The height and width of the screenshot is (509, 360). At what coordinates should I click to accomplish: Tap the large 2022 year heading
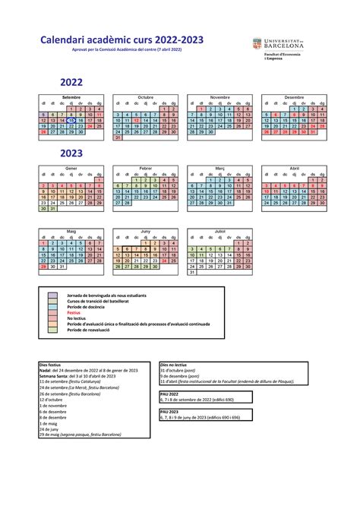click(x=67, y=82)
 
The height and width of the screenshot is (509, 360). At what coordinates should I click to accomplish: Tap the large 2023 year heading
click(x=67, y=153)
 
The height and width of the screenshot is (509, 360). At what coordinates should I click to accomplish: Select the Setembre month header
click(x=71, y=98)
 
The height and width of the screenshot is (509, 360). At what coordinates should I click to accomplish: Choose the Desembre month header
click(x=295, y=98)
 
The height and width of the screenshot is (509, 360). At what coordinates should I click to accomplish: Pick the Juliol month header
click(x=220, y=230)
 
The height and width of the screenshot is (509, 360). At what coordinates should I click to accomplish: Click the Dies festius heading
click(x=51, y=365)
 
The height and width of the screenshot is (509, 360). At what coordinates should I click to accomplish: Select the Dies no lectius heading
click(x=175, y=365)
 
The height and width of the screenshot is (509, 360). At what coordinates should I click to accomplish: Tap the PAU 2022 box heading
click(x=169, y=394)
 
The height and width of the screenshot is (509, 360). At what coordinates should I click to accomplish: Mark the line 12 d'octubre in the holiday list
click(x=51, y=400)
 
